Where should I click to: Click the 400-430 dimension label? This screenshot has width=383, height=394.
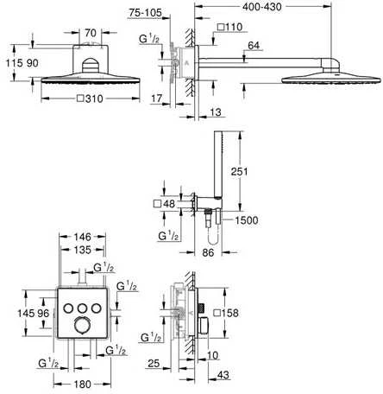pyautogui.click(x=262, y=7)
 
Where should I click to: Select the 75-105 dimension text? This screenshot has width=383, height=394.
pyautogui.click(x=145, y=13)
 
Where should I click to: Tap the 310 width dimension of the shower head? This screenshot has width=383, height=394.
pyautogui.click(x=90, y=98)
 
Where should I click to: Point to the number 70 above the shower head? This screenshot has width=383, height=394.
pyautogui.click(x=91, y=33)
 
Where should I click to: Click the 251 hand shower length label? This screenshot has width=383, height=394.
pyautogui.click(x=239, y=171)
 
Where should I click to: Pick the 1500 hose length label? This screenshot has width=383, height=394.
pyautogui.click(x=247, y=220)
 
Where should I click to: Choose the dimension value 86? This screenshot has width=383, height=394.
pyautogui.click(x=208, y=252)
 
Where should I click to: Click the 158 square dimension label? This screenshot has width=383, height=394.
pyautogui.click(x=227, y=313)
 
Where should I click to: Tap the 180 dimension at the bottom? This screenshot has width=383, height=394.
pyautogui.click(x=83, y=384)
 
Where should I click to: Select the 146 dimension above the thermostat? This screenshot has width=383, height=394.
pyautogui.click(x=83, y=237)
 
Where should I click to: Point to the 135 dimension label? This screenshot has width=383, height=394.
pyautogui.click(x=83, y=250)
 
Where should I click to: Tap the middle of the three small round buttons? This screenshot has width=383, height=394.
pyautogui.click(x=83, y=308)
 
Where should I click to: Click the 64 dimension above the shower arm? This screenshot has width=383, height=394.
pyautogui.click(x=254, y=46)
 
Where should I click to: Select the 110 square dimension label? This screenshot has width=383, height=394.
pyautogui.click(x=229, y=28)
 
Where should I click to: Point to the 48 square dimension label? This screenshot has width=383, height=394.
pyautogui.click(x=164, y=204)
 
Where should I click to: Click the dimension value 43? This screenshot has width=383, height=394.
pyautogui.click(x=223, y=375)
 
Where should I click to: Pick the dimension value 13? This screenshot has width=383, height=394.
pyautogui.click(x=216, y=111)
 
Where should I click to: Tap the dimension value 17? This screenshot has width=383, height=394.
pyautogui.click(x=157, y=98)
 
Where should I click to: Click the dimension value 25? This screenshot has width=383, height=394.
pyautogui.click(x=154, y=364)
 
